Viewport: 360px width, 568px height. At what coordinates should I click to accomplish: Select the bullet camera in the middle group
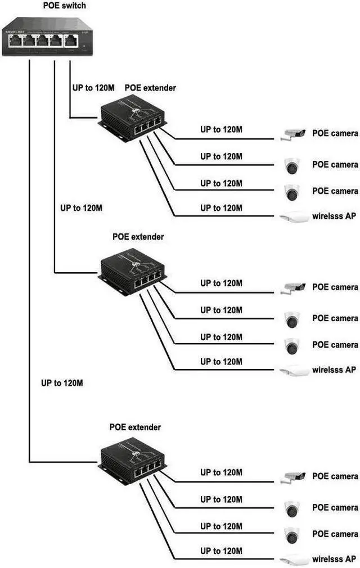click(294, 287)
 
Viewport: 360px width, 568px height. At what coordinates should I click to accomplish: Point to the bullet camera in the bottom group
click(294, 477)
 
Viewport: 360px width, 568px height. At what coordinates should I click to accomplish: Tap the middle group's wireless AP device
click(294, 370)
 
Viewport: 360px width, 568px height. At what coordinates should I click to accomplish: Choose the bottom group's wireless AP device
click(294, 560)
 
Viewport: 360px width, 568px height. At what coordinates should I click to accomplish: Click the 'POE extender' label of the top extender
click(150, 88)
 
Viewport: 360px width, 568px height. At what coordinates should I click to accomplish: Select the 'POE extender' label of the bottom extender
click(135, 427)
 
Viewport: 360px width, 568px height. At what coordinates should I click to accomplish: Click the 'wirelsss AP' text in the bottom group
click(334, 559)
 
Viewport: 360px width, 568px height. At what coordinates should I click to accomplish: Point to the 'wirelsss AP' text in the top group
click(334, 216)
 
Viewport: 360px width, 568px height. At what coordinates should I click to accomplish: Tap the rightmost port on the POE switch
click(71, 40)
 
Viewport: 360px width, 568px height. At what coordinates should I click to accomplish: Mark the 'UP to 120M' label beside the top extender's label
click(93, 88)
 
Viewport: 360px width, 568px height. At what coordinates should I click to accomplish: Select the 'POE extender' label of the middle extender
click(138, 237)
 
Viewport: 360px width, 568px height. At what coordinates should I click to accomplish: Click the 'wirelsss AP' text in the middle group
click(334, 370)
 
